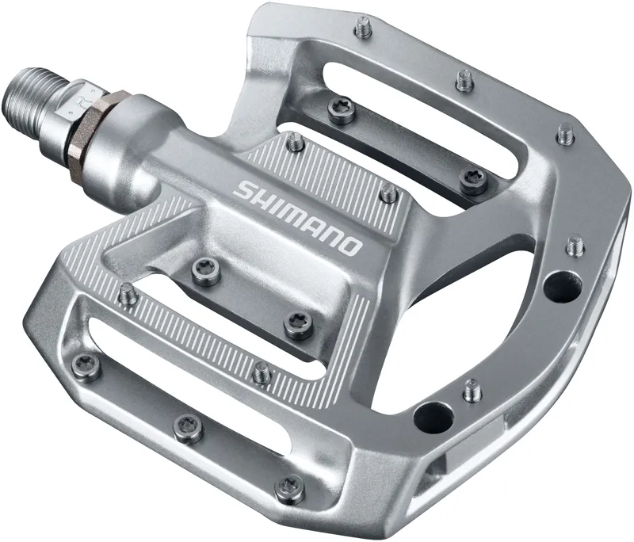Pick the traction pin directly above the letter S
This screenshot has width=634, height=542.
[295, 143]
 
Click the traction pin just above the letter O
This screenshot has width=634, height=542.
[388, 191]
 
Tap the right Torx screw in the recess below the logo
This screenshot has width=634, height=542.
[299, 323]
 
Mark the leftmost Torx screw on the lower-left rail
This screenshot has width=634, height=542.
[86, 365]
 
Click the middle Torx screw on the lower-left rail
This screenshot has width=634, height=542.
[188, 426]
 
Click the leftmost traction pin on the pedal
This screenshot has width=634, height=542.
[128, 294]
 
